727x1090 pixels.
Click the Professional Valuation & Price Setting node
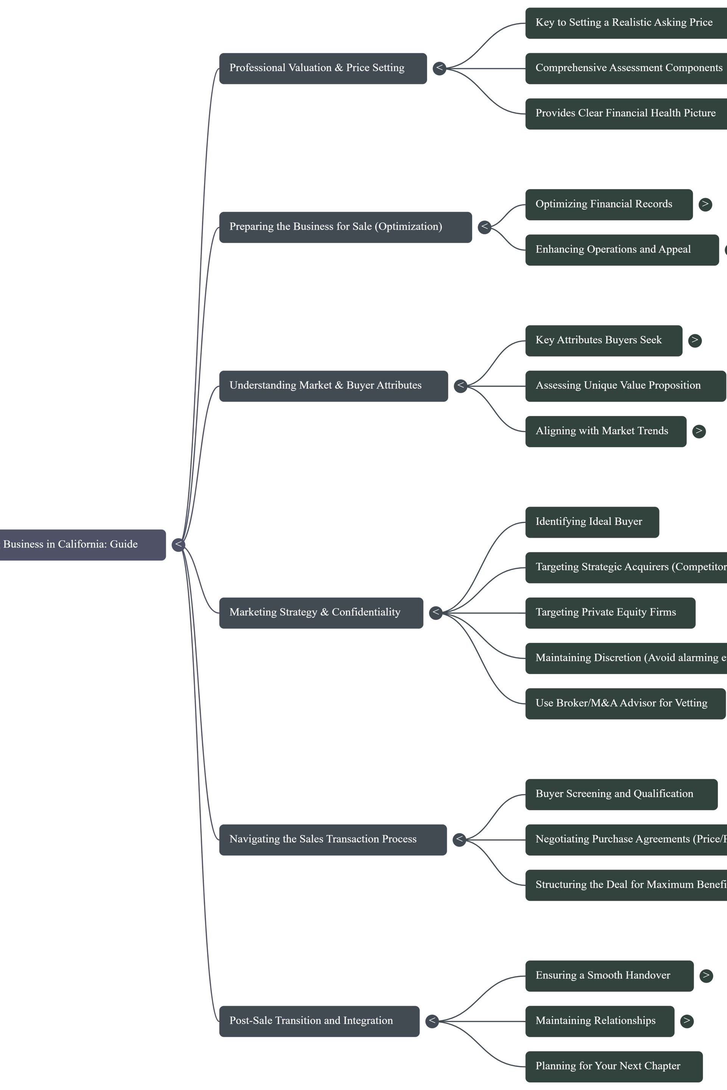[323, 68]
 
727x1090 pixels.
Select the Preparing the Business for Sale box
[345, 227]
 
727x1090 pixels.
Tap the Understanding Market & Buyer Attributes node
[333, 386]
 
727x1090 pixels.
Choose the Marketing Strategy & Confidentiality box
[321, 613]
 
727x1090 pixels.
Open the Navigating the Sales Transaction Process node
[332, 839]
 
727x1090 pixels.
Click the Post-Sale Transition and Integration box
[319, 1021]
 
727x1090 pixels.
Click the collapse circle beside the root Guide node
[178, 545]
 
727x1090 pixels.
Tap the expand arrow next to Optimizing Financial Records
[705, 204]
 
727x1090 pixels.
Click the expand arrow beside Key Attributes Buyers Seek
[694, 340]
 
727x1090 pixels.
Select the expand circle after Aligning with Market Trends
[699, 431]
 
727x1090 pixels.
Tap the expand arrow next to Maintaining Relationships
[686, 1021]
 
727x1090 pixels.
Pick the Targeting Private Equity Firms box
[610, 613]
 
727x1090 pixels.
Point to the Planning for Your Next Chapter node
[613, 1067]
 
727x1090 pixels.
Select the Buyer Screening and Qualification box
[621, 794]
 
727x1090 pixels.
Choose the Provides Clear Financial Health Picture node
[626, 114]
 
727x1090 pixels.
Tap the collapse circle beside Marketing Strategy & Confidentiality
[435, 613]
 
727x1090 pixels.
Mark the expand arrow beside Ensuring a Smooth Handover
[706, 976]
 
